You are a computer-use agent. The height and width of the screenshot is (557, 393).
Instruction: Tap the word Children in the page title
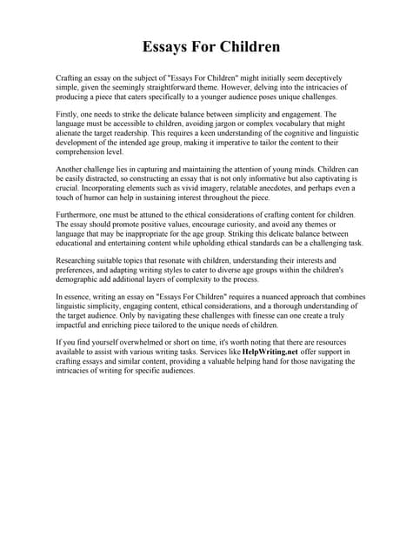[247, 44]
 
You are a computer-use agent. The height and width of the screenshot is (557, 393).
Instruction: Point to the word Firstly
[67, 114]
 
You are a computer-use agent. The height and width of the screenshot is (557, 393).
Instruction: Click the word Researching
[79, 260]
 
